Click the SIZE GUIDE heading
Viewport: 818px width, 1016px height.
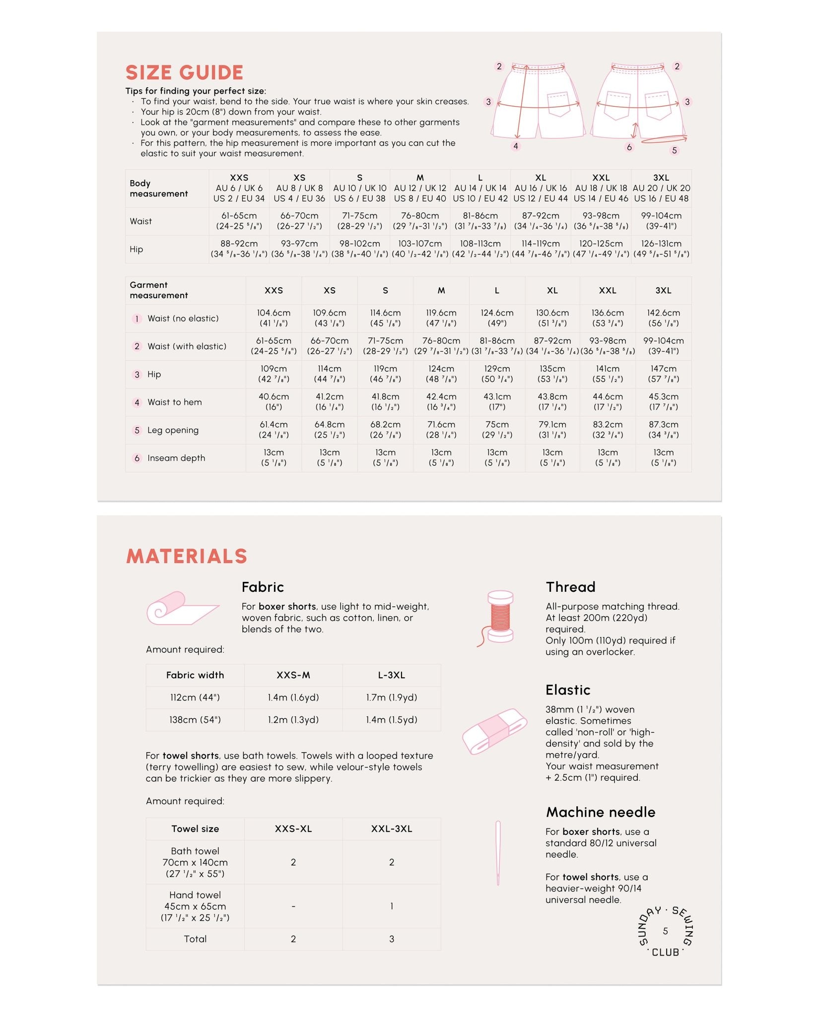(x=184, y=72)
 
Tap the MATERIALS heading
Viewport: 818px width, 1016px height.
(x=187, y=556)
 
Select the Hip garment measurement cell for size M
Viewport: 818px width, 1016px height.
(x=441, y=374)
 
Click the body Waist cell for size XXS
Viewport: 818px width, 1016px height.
(x=239, y=221)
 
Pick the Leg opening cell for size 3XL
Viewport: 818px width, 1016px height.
(x=663, y=430)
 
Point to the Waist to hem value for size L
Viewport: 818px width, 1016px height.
(x=497, y=402)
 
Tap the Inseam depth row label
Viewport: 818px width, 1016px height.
(x=176, y=458)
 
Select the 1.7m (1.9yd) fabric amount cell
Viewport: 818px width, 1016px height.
(x=392, y=698)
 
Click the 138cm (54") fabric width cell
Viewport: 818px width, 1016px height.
(x=195, y=720)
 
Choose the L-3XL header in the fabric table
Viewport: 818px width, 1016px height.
(x=392, y=675)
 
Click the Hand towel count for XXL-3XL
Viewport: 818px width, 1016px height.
(x=392, y=906)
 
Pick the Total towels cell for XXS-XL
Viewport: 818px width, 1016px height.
(x=293, y=939)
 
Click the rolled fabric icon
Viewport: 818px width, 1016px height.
(x=180, y=609)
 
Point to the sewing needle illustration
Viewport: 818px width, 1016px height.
(x=498, y=853)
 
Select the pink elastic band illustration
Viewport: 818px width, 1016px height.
(x=494, y=731)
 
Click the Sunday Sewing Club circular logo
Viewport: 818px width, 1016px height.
(x=665, y=931)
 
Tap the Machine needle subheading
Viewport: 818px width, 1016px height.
(x=601, y=812)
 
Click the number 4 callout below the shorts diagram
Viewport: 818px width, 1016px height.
(x=516, y=146)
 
